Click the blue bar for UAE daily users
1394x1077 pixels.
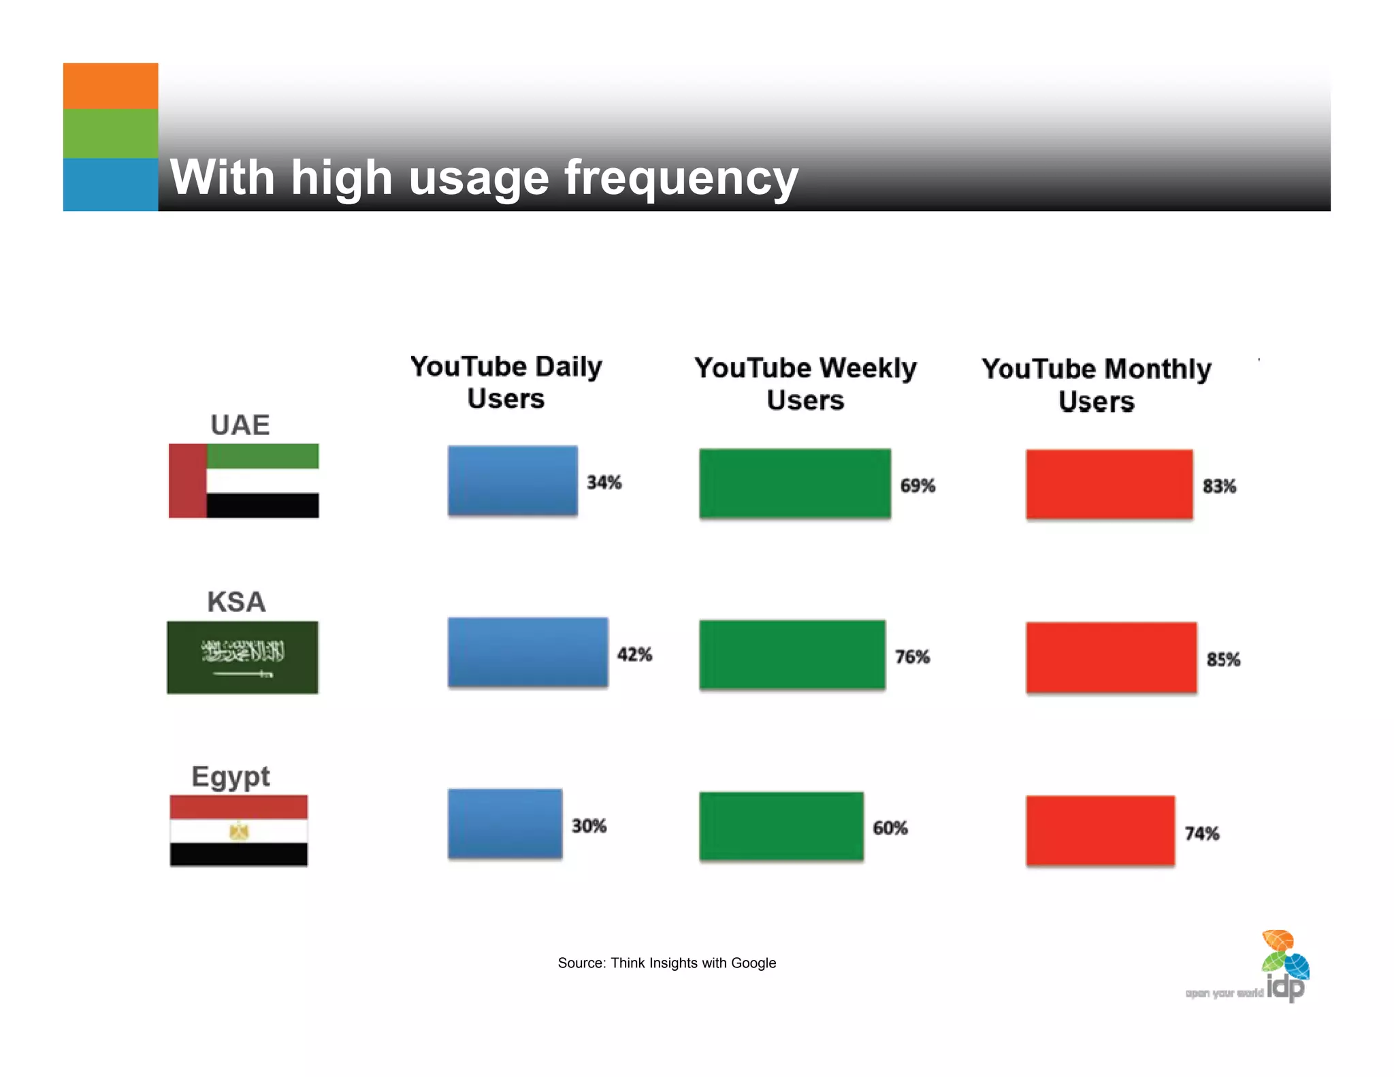512,481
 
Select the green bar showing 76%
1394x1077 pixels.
792,655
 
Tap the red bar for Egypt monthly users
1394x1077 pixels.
1100,831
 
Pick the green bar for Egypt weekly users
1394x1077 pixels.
781,826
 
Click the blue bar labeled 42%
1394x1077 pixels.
528,652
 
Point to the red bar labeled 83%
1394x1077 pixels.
1109,484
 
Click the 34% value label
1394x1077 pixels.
604,483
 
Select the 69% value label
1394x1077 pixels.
917,486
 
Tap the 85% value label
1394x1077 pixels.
1222,660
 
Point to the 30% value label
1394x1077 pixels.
589,826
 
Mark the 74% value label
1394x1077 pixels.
1201,834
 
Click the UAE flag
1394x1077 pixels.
244,481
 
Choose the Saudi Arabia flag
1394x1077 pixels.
242,658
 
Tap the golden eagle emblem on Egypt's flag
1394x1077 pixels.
239,831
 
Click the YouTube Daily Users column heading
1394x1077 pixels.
506,383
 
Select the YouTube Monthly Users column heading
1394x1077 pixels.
1096,385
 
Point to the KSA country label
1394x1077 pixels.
236,602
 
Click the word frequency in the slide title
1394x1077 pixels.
681,178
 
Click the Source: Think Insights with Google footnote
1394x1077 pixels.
666,963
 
